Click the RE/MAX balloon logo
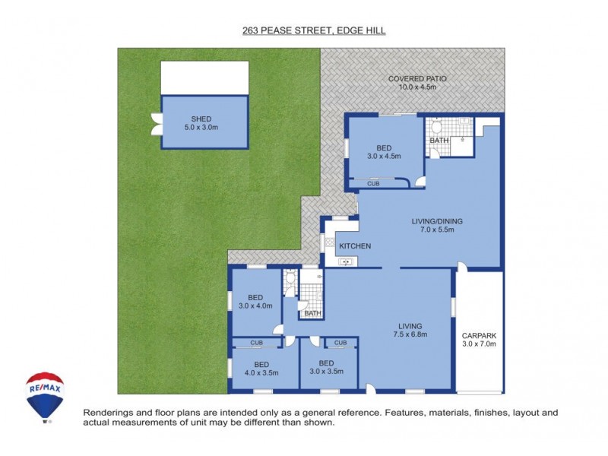coord(45,394)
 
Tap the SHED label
coord(201,119)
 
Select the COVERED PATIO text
coord(416,78)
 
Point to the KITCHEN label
coord(354,246)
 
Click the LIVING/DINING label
coord(437,221)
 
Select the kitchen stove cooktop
coord(331,243)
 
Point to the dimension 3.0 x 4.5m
coord(383,156)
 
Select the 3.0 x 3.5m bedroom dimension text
coord(326,372)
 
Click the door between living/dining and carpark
coord(462,268)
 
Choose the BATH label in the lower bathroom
coord(312,314)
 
